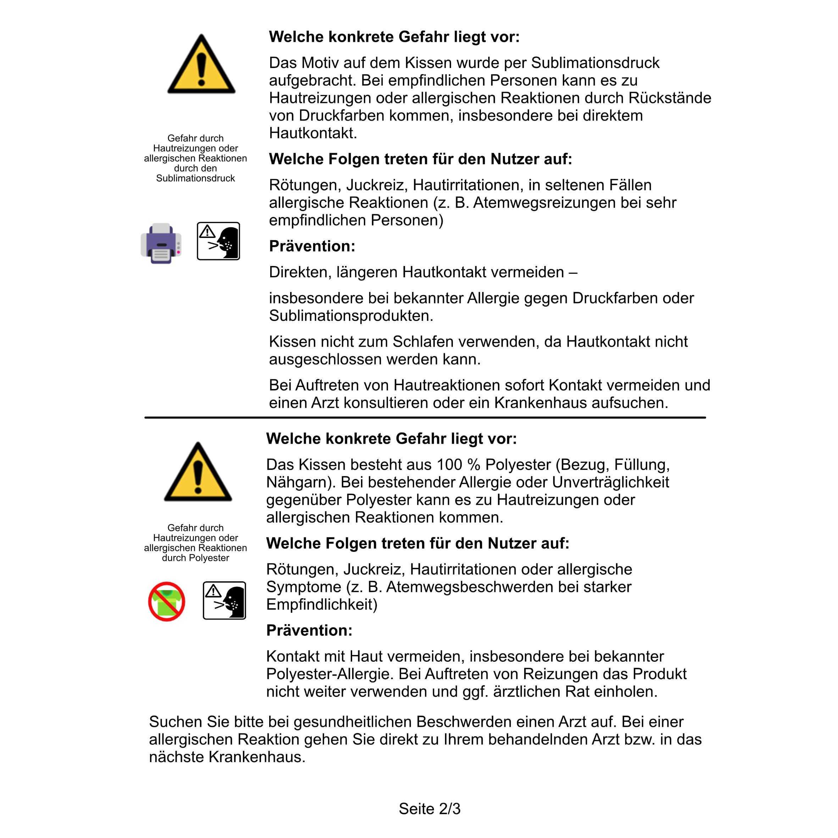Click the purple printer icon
(161, 243)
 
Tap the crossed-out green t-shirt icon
(167, 601)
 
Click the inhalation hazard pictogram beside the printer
(218, 241)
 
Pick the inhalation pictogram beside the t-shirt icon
(224, 601)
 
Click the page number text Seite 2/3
(429, 809)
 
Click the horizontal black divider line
(425, 418)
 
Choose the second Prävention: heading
(309, 631)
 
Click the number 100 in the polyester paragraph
(449, 465)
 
